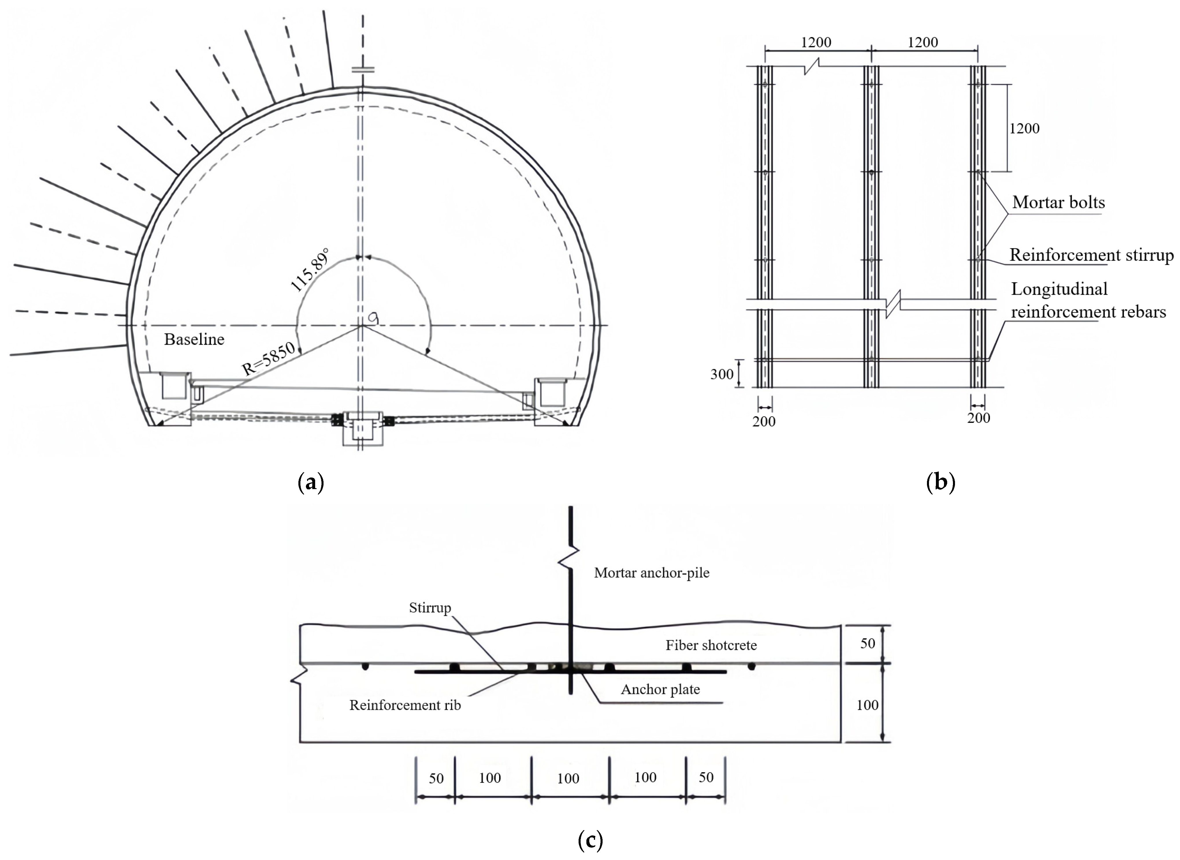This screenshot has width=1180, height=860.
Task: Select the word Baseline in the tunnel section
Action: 194,339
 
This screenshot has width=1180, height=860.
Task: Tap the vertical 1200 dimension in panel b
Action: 1024,129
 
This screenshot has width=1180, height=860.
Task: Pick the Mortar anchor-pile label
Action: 652,573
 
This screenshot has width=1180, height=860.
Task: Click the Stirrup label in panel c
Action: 430,608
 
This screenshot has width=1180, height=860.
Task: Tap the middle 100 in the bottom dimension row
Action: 568,778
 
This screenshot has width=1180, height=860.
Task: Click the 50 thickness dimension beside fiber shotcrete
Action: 867,643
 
